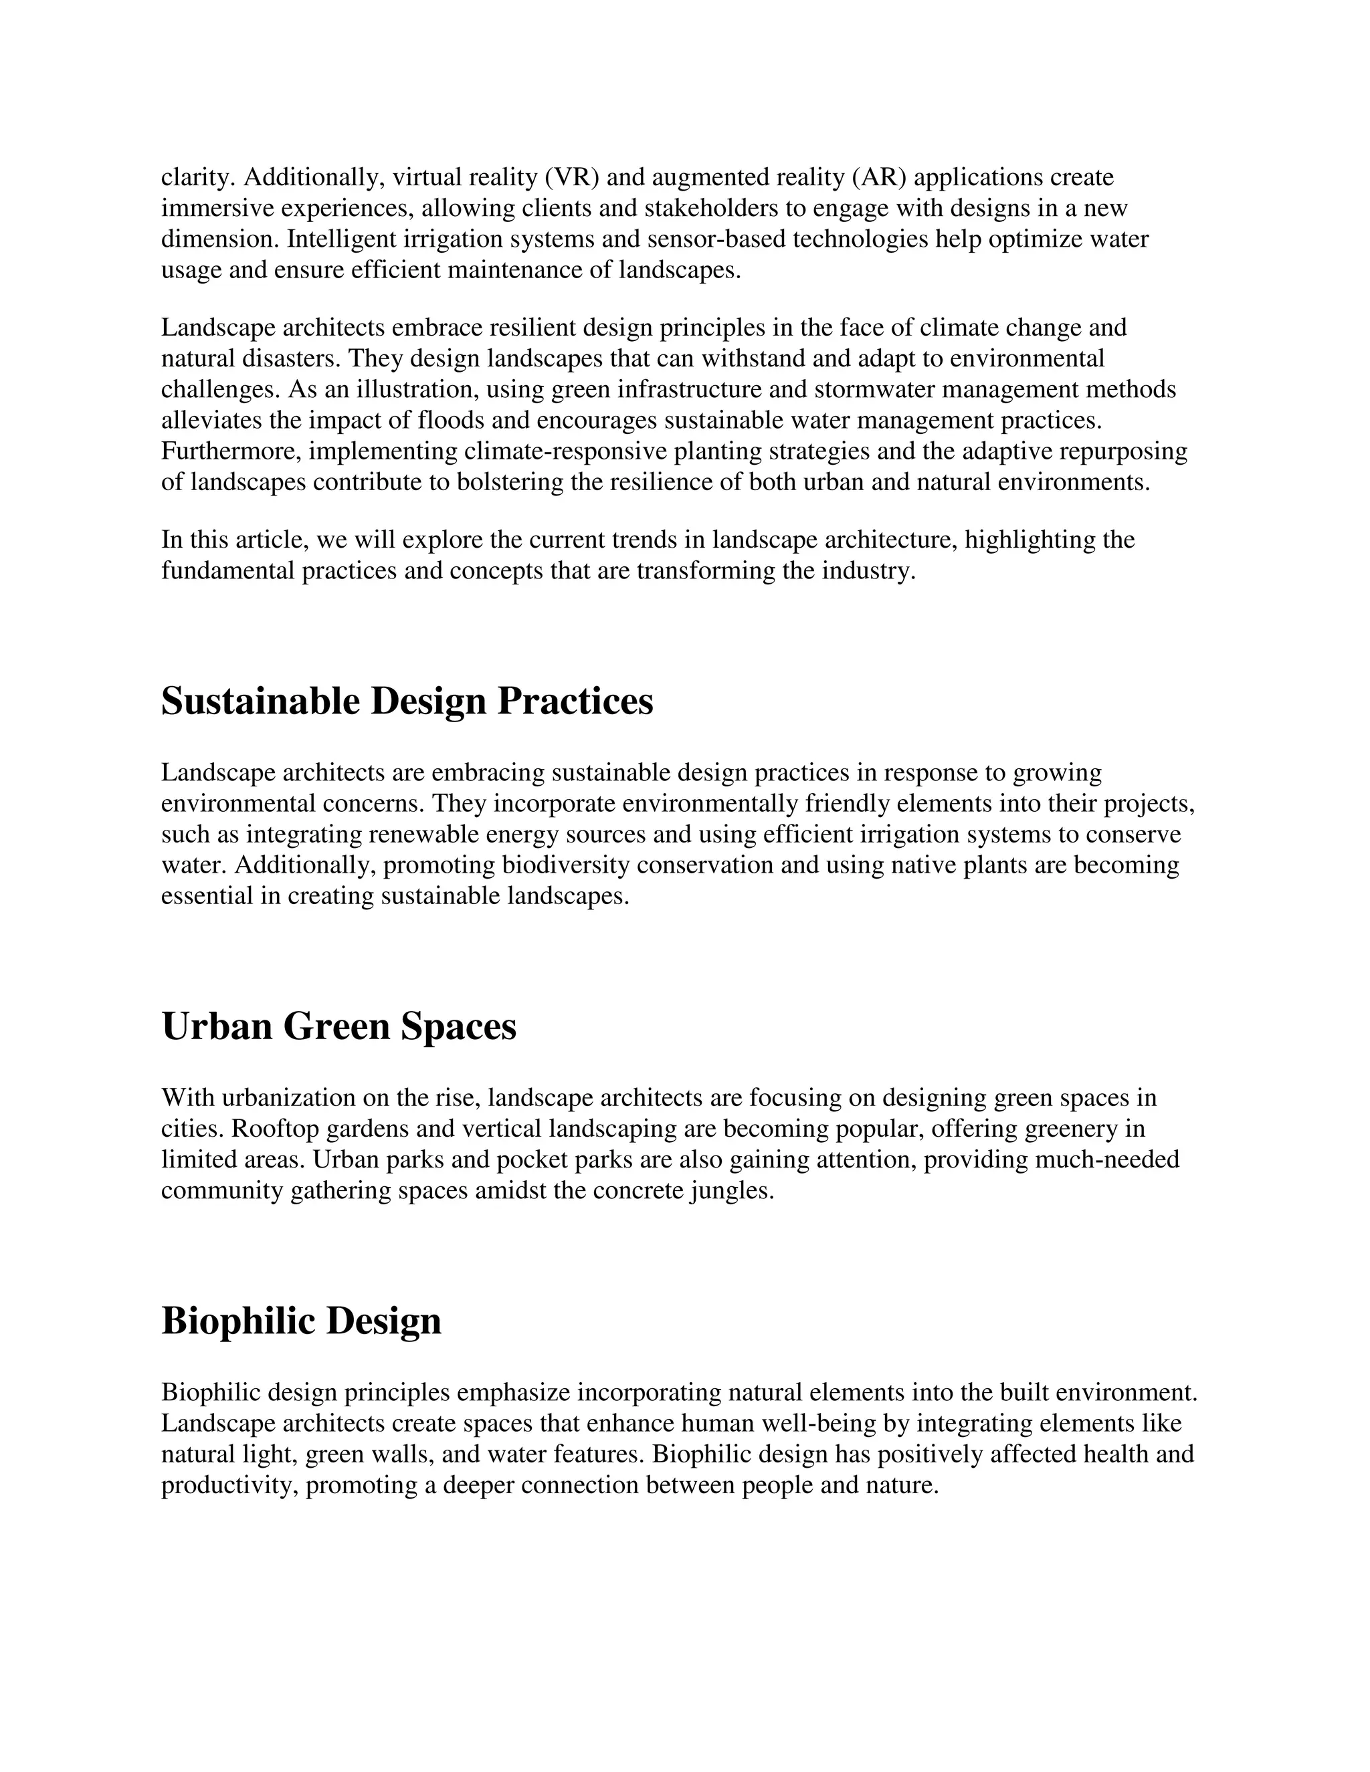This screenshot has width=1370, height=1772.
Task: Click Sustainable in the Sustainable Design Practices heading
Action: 260,702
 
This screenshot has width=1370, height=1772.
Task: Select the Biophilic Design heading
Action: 301,1322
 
